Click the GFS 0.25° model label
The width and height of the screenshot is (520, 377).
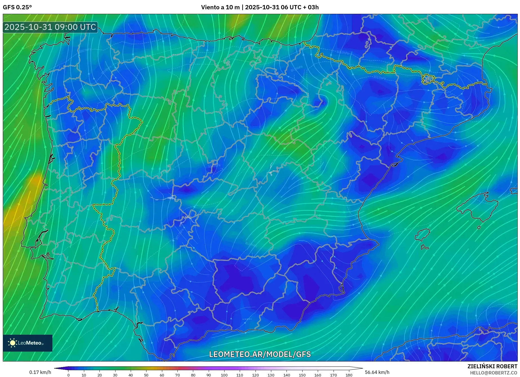(x=17, y=7)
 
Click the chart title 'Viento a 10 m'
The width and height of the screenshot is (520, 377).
(x=220, y=7)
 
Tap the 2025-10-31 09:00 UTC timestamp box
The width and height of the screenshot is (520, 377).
(x=50, y=27)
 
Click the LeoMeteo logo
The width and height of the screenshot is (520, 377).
(x=28, y=343)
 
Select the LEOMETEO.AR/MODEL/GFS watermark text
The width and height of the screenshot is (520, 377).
(x=260, y=354)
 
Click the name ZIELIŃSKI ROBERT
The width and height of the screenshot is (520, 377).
(x=492, y=366)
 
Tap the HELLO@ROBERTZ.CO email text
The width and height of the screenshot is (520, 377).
(x=493, y=373)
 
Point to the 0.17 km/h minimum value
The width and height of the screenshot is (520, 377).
(x=40, y=372)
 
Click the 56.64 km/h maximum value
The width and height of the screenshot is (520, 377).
(x=377, y=372)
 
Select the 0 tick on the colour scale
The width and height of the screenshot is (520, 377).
(x=68, y=375)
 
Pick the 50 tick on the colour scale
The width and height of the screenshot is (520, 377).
(x=146, y=375)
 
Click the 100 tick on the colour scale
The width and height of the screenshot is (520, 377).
(x=224, y=375)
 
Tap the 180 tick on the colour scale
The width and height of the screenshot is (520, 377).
(x=349, y=375)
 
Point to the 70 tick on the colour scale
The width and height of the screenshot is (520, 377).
(x=177, y=375)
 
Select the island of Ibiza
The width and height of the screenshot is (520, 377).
(x=423, y=235)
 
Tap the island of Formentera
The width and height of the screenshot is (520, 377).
(x=425, y=248)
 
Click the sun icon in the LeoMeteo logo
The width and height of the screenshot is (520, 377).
(x=13, y=343)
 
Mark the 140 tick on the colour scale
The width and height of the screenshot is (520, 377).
(x=286, y=375)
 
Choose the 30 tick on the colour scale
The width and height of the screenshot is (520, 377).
(x=115, y=375)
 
